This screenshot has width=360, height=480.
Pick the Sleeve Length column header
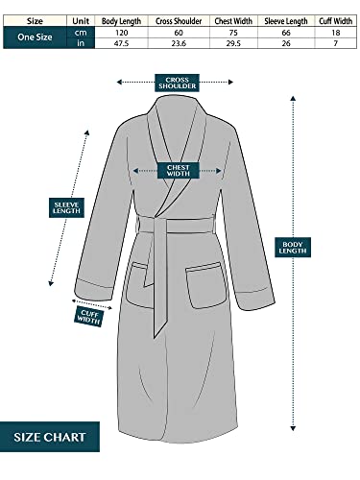284,19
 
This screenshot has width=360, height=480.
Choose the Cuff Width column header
334,19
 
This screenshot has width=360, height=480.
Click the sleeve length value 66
284,32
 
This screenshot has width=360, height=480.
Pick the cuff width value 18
334,32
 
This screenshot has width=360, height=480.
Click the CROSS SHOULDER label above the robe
180,83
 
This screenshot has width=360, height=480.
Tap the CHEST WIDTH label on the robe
180,170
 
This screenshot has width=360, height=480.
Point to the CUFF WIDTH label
91,314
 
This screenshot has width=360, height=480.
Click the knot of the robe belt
158,228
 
